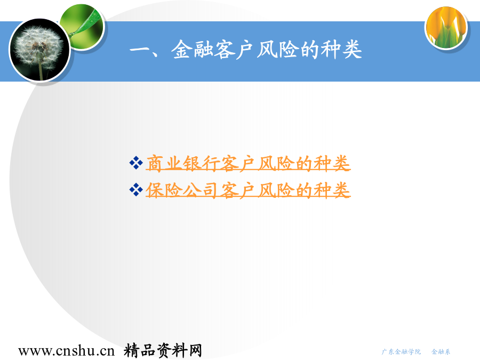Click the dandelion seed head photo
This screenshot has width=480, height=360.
coord(40,50)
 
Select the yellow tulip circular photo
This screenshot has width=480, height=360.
coord(446,28)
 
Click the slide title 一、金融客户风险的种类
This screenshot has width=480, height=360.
coord(246,50)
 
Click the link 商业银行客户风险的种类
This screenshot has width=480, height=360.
coord(248,163)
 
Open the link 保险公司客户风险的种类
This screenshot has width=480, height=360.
coord(248,190)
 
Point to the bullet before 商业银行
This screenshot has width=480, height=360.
coord(136,163)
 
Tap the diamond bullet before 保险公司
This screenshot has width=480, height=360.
coord(136,190)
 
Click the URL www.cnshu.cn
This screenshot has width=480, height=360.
coord(67,351)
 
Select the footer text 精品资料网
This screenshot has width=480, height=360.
coord(163,350)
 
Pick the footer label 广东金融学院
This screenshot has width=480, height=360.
coord(401,352)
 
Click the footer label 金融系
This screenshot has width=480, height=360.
coord(441,352)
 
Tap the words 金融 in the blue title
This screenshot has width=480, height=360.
coord(192,50)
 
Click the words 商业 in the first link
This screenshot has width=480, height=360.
coord(164,163)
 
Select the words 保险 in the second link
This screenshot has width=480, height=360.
coord(164,190)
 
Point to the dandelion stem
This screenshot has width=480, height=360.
coord(41,71)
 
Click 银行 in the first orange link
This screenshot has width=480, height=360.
coord(202,163)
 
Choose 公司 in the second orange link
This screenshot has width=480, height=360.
coord(202,190)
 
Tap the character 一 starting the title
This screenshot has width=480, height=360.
coord(139,50)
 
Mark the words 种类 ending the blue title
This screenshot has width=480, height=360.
coord(341,50)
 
